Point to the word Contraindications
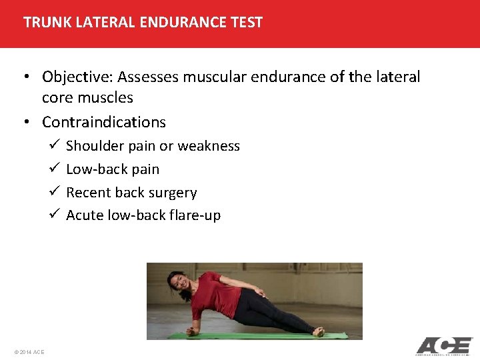point(103,122)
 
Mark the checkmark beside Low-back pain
point(54,169)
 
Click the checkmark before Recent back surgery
point(54,193)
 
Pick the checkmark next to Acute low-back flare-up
point(54,215)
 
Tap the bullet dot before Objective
point(29,77)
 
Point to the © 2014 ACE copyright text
point(29,352)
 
